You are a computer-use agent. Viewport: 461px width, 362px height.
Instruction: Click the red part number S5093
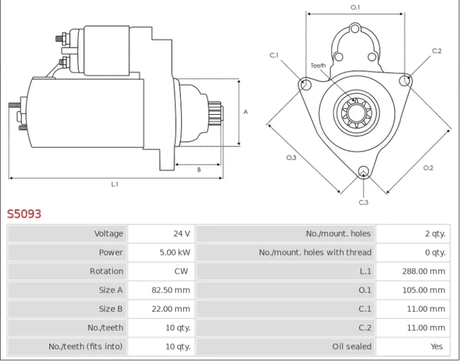(24, 214)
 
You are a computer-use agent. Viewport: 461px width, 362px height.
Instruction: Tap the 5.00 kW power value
(175, 252)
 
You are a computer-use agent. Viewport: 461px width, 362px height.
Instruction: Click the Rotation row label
(106, 271)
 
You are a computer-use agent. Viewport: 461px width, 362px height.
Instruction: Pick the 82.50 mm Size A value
(171, 290)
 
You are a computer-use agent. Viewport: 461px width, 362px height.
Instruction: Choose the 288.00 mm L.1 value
(424, 271)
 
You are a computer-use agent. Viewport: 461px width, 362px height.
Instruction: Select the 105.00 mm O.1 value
(424, 290)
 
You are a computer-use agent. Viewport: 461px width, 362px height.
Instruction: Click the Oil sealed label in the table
(352, 346)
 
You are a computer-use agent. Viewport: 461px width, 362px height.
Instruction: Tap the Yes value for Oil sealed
(437, 346)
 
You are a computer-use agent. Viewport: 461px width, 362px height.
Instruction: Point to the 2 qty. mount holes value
(435, 233)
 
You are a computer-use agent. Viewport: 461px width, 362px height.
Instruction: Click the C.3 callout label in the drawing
(364, 202)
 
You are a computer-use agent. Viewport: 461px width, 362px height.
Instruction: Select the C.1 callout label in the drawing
(274, 55)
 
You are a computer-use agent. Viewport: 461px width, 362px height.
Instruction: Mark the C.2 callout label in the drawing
(437, 51)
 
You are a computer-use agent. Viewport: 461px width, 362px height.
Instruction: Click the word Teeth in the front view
(318, 65)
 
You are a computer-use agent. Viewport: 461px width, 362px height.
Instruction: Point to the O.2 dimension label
(428, 168)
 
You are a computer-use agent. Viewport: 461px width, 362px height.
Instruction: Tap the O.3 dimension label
(291, 158)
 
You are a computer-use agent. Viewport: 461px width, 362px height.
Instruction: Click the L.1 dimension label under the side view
(115, 185)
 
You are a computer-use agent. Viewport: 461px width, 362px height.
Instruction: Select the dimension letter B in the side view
(199, 170)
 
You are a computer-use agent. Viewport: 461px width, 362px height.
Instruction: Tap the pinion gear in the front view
(356, 113)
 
